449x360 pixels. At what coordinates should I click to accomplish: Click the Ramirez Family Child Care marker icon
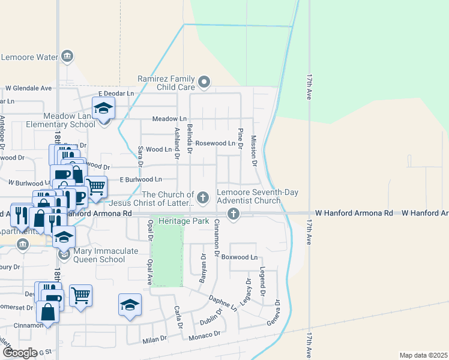click(x=204, y=82)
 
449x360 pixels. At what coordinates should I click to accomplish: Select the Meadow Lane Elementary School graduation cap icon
click(x=104, y=109)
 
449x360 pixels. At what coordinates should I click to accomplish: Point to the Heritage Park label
click(x=184, y=221)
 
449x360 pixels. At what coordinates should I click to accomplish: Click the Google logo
click(x=19, y=352)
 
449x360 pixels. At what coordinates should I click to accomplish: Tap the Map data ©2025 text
click(x=423, y=355)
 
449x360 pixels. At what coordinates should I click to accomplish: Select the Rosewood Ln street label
click(x=215, y=143)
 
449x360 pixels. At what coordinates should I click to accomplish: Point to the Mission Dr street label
click(x=254, y=151)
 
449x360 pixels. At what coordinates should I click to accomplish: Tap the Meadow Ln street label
click(x=169, y=119)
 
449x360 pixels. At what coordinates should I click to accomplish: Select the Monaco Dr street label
click(x=204, y=334)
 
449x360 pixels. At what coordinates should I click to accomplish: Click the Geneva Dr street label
click(x=277, y=311)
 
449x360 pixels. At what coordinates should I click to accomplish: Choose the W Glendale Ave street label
click(x=29, y=88)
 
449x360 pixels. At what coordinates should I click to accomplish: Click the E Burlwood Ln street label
click(x=140, y=179)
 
